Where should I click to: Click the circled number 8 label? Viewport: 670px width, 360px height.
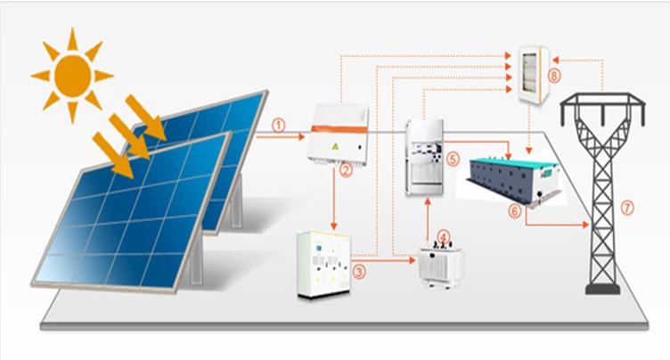(554, 77)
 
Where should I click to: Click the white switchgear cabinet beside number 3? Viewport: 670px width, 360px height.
(322, 264)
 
